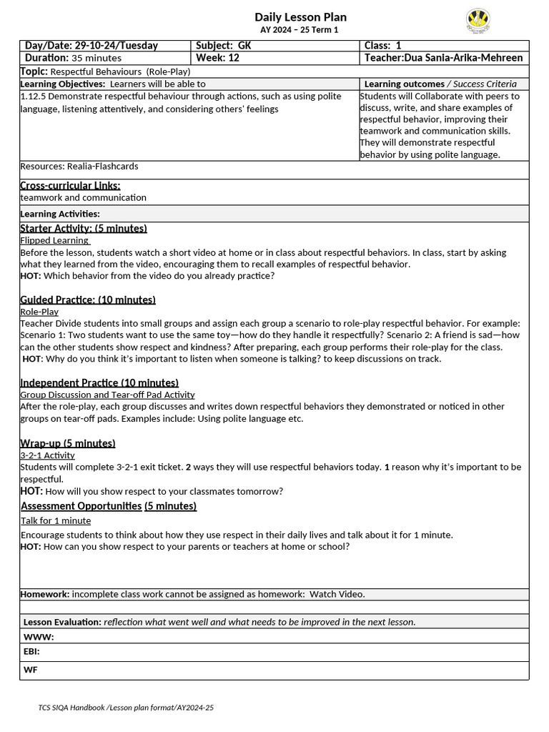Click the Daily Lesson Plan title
pyautogui.click(x=300, y=17)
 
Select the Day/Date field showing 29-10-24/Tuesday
pyautogui.click(x=91, y=46)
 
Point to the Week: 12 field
pyautogui.click(x=217, y=58)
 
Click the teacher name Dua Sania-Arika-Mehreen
pyautogui.click(x=443, y=58)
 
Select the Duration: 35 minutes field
pyautogui.click(x=74, y=58)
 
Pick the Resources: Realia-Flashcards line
pyautogui.click(x=79, y=167)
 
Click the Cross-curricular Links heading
pyautogui.click(x=70, y=186)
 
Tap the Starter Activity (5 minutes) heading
pyautogui.click(x=84, y=229)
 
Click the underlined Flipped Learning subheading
pyautogui.click(x=54, y=241)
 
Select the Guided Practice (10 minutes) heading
pyautogui.click(x=88, y=300)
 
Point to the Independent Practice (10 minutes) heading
pyautogui.click(x=99, y=383)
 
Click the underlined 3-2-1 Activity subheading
pyautogui.click(x=47, y=455)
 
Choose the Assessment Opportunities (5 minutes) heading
pyautogui.click(x=109, y=506)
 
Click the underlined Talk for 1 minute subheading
pyautogui.click(x=56, y=521)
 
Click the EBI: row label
pyautogui.click(x=32, y=652)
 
